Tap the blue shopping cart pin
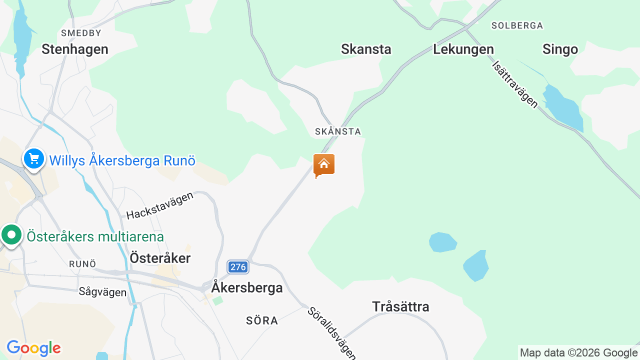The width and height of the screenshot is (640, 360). click(x=34, y=159)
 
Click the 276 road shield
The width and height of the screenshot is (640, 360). click(x=238, y=267)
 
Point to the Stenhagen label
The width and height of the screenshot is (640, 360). click(x=75, y=49)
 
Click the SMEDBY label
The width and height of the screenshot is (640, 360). click(x=81, y=33)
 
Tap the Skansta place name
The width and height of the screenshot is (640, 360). click(x=366, y=49)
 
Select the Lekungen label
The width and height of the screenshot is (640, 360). click(x=463, y=49)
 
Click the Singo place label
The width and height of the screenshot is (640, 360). click(x=560, y=49)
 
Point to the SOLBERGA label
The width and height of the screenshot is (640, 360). click(x=517, y=25)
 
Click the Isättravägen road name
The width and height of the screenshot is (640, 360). click(x=515, y=84)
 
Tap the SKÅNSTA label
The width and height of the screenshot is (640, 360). click(x=338, y=131)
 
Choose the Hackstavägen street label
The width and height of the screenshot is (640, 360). click(x=160, y=205)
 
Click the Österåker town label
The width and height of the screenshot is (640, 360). click(x=160, y=258)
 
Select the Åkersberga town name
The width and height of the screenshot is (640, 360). click(x=247, y=287)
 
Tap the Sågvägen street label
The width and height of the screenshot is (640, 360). click(x=102, y=292)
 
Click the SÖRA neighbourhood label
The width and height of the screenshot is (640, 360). click(x=262, y=320)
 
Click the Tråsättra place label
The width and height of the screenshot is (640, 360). click(x=400, y=306)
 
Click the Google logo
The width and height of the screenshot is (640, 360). click(x=33, y=348)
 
